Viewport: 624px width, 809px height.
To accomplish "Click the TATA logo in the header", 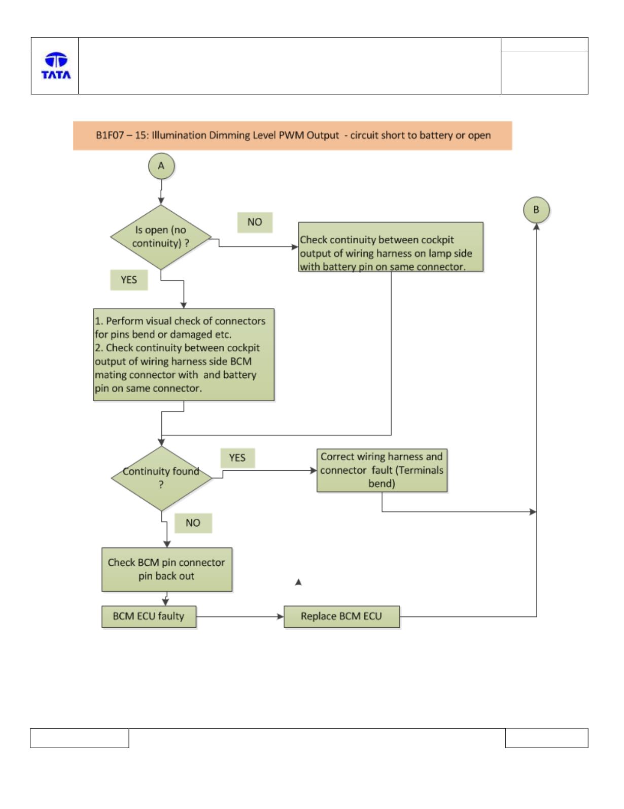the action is coord(56,66).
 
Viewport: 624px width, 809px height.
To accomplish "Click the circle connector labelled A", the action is coord(161,166).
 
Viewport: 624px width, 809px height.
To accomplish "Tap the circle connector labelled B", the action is coord(536,210).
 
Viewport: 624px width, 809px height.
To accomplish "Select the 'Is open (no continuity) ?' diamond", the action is coord(161,237).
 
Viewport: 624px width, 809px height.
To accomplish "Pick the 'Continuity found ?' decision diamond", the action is coord(161,478).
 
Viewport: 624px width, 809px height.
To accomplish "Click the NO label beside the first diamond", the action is coord(255,222).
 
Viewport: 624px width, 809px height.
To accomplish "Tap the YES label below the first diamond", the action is coord(129,280).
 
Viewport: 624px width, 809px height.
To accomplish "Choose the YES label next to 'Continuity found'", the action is coord(237,458).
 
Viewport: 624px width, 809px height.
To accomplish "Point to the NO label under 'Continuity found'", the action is coord(193,523).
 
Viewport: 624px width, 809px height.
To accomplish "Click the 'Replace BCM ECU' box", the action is coord(342,617).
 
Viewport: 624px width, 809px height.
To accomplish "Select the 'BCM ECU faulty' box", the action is coord(149,617).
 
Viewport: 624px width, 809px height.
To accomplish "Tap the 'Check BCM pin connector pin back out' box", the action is coord(166,569).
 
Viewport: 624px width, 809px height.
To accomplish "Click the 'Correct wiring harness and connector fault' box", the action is coord(382,470).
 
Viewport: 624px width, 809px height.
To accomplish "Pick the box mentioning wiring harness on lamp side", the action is coord(391,247).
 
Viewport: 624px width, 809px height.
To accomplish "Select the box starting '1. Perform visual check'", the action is coord(184,355).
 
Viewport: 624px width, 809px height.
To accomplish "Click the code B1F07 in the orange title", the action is coord(110,135).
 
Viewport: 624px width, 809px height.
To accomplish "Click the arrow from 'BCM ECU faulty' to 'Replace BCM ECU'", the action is coord(240,617).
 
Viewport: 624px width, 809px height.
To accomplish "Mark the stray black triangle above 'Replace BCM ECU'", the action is coord(298,582).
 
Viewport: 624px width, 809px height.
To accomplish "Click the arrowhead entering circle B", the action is coord(536,226).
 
